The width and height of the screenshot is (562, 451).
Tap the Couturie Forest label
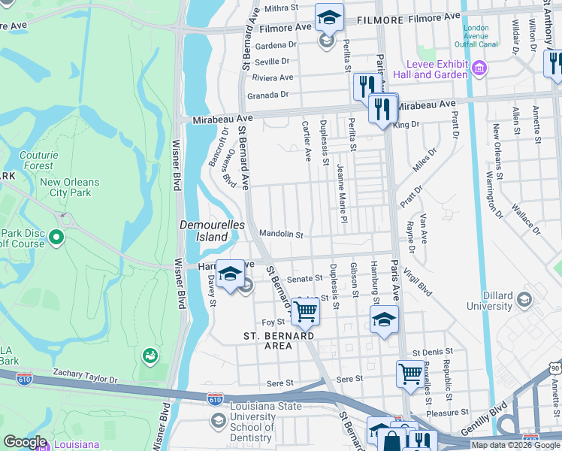click(x=37, y=160)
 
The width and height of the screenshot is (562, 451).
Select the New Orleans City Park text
click(x=69, y=188)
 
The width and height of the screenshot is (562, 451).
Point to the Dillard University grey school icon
click(x=524, y=301)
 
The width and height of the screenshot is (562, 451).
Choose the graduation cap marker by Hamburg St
click(x=384, y=319)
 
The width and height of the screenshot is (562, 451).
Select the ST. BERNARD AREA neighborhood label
click(x=278, y=341)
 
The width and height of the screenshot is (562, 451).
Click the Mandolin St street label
click(x=280, y=234)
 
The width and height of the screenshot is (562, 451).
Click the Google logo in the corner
click(x=25, y=442)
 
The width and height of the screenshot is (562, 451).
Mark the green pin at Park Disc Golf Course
click(x=56, y=239)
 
